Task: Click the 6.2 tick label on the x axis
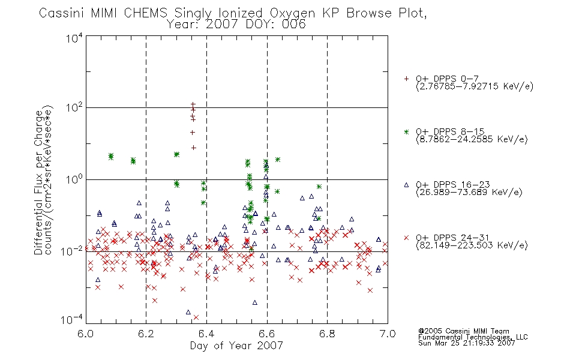(146, 334)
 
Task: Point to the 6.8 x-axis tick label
(327, 334)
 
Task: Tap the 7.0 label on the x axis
(388, 334)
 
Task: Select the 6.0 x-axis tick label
(85, 334)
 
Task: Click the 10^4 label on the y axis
(74, 38)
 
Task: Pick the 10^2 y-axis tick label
(74, 107)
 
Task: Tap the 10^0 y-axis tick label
(74, 179)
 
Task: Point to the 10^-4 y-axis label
(72, 319)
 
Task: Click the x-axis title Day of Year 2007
(236, 346)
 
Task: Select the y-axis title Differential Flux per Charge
(38, 182)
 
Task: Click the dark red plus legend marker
(406, 79)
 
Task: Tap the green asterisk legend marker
(406, 131)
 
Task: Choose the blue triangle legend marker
(406, 185)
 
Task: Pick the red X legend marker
(406, 238)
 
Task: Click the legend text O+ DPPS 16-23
(453, 184)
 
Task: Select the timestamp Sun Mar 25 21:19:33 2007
(466, 343)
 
